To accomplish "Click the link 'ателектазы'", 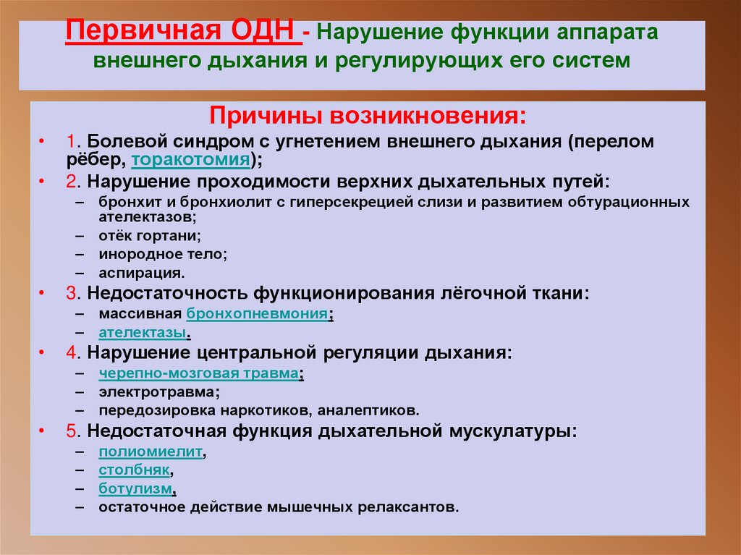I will (x=143, y=333).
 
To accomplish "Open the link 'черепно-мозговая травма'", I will (x=199, y=373).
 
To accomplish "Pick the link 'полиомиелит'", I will (x=151, y=452).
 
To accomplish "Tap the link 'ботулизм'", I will (x=137, y=488).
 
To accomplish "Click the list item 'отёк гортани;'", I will (x=150, y=236).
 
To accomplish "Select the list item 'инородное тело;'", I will (x=164, y=255).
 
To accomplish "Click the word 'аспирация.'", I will (x=142, y=274).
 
